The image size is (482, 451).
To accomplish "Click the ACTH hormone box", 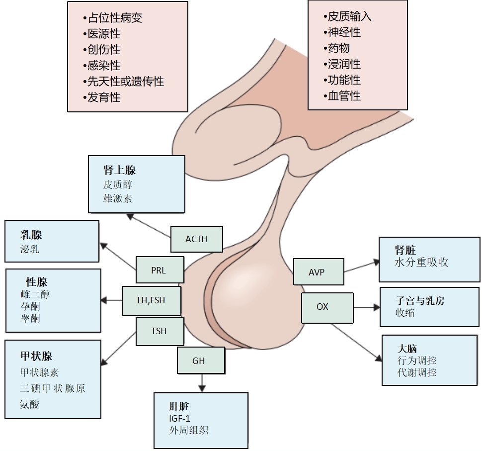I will [x=196, y=239].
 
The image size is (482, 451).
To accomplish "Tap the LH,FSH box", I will [x=151, y=300].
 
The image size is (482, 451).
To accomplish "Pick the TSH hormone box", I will [x=159, y=331].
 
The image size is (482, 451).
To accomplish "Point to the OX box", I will [x=327, y=307].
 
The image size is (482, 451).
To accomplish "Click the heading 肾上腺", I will [x=119, y=170].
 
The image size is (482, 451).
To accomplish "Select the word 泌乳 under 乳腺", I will [x=29, y=249].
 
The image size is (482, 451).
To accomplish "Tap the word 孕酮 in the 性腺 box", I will [x=30, y=306].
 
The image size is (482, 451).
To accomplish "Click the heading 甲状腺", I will [x=36, y=356].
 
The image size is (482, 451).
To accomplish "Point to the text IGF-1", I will [x=179, y=418].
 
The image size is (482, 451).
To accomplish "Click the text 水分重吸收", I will [x=421, y=262].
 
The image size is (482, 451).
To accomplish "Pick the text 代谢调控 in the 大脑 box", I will [x=417, y=371].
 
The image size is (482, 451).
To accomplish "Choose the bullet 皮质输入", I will [x=347, y=16].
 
